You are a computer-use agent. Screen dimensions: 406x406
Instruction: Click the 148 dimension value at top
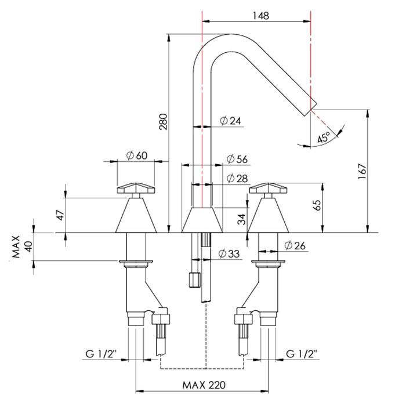261,16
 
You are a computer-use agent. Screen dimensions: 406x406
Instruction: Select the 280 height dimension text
164,122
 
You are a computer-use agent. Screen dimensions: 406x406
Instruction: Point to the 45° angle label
324,136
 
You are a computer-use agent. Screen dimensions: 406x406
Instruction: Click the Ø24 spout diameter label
231,121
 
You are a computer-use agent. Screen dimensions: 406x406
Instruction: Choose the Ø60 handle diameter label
137,155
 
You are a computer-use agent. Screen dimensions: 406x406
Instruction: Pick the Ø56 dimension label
238,159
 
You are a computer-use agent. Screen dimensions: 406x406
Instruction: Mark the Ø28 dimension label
238,178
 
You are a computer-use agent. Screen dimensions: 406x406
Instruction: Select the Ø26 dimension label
296,245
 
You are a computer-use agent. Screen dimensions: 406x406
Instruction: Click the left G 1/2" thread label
101,353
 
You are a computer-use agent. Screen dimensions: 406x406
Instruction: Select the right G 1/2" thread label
302,353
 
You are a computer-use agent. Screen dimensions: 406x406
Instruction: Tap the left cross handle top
137,188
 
